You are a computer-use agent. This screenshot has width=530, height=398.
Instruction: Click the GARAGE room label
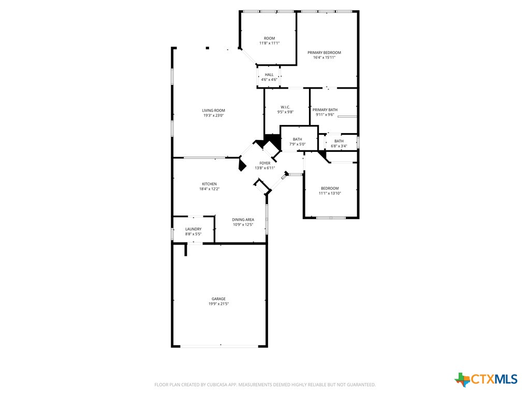(x=218, y=298)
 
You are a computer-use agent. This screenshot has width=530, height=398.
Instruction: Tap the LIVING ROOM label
(x=214, y=110)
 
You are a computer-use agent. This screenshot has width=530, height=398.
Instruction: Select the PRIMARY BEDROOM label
(x=325, y=52)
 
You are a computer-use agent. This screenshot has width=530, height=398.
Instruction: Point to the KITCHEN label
(x=210, y=184)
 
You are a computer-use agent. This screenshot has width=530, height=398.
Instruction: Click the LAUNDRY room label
(x=194, y=229)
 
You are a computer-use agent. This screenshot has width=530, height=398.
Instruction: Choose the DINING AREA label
(x=243, y=220)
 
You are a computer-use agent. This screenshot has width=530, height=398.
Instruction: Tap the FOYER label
(x=265, y=163)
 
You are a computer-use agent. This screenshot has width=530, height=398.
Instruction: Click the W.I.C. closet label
(x=286, y=107)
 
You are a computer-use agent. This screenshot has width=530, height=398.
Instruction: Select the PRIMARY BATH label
(x=325, y=109)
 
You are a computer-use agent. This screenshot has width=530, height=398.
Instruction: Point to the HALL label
(x=269, y=75)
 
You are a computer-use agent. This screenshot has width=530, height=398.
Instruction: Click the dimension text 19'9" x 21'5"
(x=218, y=304)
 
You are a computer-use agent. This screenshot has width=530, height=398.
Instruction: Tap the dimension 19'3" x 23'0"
(x=214, y=115)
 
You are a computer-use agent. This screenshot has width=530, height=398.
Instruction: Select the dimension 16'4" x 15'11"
(x=325, y=58)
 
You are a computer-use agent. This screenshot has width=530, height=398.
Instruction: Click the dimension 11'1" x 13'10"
(x=330, y=193)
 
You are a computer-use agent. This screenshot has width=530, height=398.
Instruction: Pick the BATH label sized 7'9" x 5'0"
(x=298, y=139)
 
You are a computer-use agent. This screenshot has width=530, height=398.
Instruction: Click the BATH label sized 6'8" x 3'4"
(x=339, y=141)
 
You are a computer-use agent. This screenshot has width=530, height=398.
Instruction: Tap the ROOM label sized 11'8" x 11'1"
(x=270, y=38)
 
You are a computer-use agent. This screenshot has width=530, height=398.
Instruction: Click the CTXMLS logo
(x=487, y=379)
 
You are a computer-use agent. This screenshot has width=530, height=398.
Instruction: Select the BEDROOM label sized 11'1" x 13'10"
(x=330, y=188)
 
